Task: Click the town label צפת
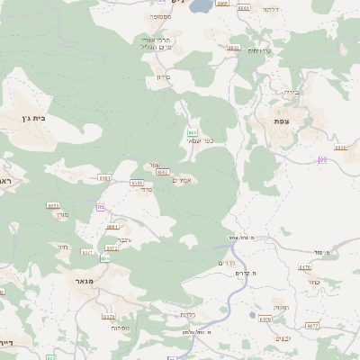pos(283,120)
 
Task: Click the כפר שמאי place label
pos(201,141)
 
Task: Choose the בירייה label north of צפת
pos(290,91)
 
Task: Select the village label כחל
pos(314,281)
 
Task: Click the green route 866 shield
pos(192,132)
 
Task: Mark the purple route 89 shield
pos(321,159)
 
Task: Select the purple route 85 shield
pos(100,207)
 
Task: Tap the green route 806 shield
pos(105,258)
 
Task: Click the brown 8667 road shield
pos(162,171)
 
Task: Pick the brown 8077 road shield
pos(312,325)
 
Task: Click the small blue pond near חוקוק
pos(264,317)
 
